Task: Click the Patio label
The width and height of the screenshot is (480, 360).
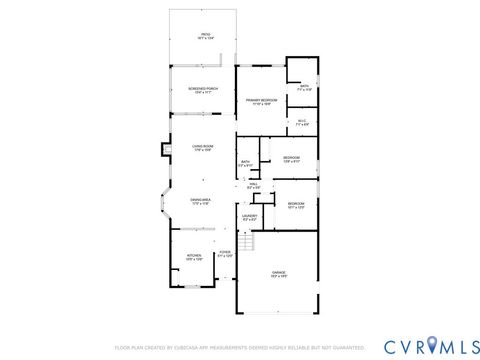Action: [x=205, y=36]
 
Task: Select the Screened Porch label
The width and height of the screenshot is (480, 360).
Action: [x=200, y=90]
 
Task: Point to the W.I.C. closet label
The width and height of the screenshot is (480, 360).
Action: [x=301, y=122]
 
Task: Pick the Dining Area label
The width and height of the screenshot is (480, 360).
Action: [x=201, y=202]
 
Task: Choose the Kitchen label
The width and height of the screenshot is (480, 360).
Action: [x=194, y=257]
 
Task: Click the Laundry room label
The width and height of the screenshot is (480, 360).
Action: [x=249, y=217]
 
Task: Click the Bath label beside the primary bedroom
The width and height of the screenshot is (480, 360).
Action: [x=305, y=87]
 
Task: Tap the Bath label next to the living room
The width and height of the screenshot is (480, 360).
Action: [x=245, y=164]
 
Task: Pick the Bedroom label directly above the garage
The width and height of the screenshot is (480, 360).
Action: [x=296, y=206]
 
